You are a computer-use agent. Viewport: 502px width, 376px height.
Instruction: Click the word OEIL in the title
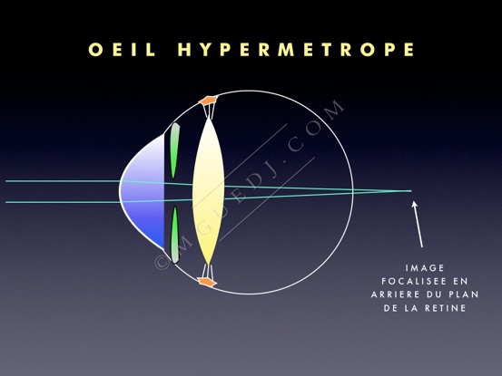point(122,50)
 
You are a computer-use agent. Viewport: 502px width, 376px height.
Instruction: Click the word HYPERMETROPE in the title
point(296,50)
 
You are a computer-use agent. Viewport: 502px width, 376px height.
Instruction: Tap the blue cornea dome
point(143,192)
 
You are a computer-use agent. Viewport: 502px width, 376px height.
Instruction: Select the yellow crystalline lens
point(208,190)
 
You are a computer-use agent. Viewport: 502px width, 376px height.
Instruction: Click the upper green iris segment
point(174,150)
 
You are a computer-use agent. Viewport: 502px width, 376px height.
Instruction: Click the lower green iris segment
point(175,235)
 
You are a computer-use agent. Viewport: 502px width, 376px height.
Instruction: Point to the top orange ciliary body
point(209,100)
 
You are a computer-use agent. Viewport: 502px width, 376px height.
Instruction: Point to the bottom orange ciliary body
point(207,282)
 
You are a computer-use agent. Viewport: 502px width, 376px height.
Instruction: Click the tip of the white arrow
point(414,201)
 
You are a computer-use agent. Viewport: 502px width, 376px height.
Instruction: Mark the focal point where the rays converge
point(411,191)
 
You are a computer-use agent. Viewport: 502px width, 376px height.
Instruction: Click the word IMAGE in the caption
point(425,267)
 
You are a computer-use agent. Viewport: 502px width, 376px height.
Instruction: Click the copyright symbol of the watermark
point(162,263)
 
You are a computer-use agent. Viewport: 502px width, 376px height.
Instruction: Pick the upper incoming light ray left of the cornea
point(63,181)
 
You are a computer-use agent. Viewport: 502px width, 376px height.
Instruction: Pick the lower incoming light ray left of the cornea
point(63,202)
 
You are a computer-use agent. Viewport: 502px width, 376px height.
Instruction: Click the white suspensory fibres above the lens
point(209,111)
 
